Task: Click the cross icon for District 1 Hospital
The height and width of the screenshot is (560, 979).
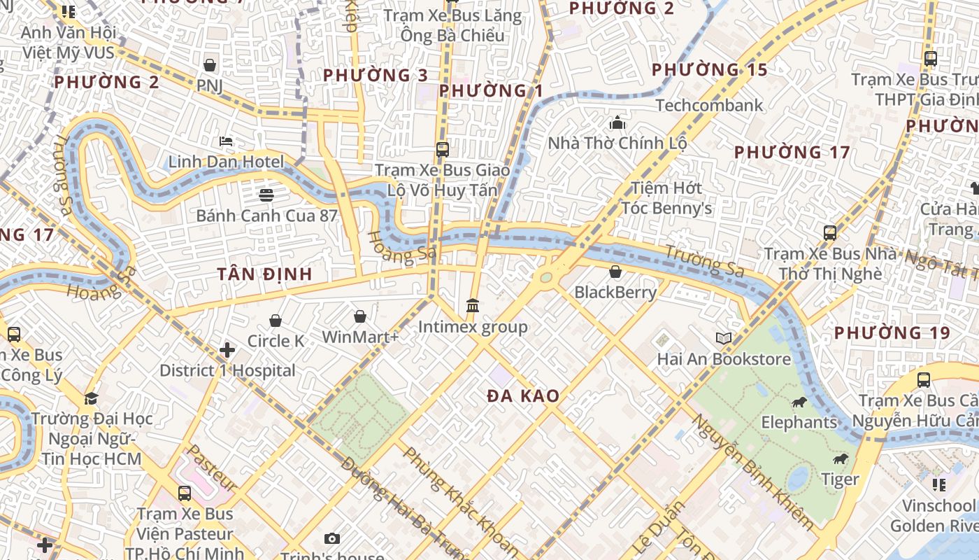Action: tap(227, 349)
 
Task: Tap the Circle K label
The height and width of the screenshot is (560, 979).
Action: tap(276, 341)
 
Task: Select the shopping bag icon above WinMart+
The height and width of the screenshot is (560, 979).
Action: tap(360, 317)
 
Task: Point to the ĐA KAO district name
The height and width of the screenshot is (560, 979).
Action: tap(524, 396)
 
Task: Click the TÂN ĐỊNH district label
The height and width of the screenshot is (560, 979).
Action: tap(264, 274)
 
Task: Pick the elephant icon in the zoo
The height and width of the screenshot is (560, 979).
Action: tap(799, 402)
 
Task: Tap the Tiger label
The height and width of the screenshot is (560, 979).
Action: tap(839, 479)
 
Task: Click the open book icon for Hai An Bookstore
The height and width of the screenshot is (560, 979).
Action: tap(724, 339)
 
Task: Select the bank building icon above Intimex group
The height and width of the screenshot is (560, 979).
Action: tap(473, 306)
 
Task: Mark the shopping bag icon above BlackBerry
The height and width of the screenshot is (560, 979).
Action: tap(615, 272)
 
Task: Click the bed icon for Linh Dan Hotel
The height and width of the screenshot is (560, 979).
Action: tap(226, 141)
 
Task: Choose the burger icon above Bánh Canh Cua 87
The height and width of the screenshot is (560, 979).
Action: tap(266, 195)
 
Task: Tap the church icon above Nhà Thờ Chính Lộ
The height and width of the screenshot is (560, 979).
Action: tap(617, 123)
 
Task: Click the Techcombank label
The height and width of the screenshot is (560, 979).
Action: tap(709, 106)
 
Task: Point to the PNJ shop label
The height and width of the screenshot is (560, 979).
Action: tap(210, 85)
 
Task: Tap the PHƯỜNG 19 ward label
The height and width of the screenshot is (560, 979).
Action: tap(892, 332)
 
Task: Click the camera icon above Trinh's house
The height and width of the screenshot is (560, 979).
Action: tap(332, 538)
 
